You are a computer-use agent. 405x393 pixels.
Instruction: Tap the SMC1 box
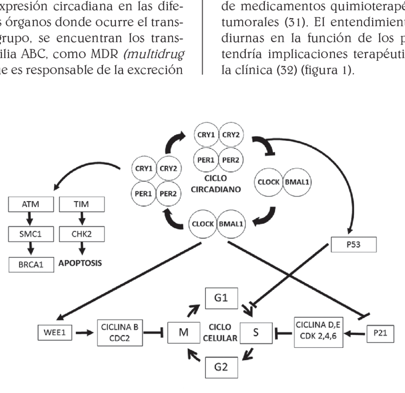coord(30,234)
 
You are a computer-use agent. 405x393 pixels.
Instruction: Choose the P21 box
coord(380,334)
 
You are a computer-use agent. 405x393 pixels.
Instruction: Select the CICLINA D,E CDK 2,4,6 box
coord(319,331)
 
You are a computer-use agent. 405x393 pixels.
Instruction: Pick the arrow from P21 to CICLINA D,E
coord(355,334)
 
